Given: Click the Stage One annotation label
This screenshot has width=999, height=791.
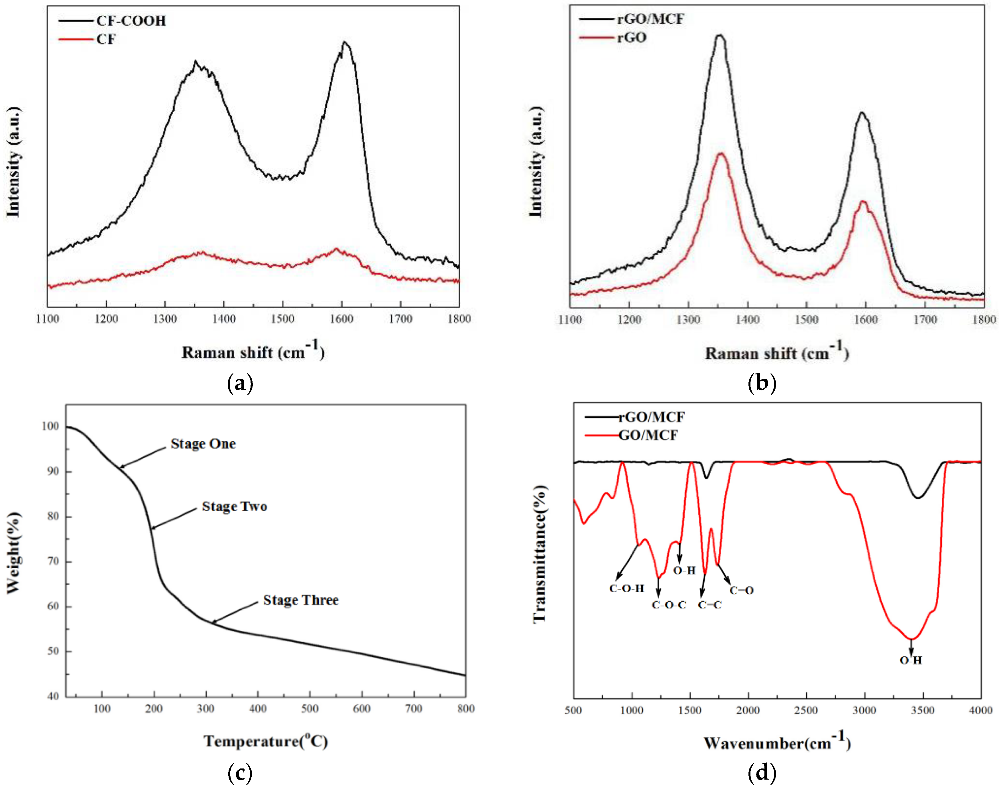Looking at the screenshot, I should [x=203, y=444].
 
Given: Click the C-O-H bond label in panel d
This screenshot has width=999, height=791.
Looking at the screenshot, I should [x=626, y=589].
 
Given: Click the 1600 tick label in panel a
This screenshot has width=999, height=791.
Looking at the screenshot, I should [x=342, y=319].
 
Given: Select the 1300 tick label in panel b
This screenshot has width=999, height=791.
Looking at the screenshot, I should [x=688, y=320].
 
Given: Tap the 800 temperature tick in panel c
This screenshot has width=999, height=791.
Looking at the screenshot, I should [x=465, y=709].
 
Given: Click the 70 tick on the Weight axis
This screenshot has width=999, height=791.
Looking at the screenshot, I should [x=53, y=561].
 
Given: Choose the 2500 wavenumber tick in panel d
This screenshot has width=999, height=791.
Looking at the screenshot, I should [x=806, y=710].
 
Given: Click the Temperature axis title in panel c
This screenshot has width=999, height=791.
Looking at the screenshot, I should [x=266, y=741].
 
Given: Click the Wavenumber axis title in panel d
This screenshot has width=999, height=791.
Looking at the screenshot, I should [x=777, y=743].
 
